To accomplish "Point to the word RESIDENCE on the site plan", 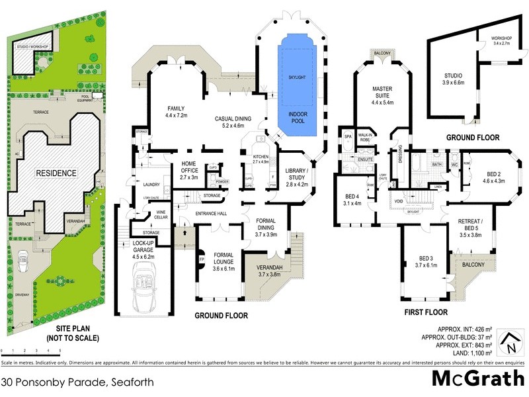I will [57, 173].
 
